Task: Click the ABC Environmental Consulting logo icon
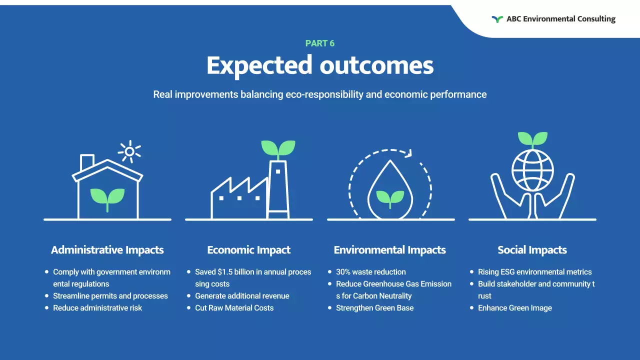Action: point(497,19)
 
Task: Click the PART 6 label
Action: point(320,43)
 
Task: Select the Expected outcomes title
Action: point(320,65)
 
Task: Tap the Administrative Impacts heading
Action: point(107,250)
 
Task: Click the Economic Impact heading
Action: point(249,250)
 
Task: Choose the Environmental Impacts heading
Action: point(390,250)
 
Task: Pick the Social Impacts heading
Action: point(532,250)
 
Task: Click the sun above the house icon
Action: point(129,151)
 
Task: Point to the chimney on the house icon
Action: point(87,162)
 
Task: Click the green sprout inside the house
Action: point(107,197)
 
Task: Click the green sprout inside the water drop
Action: point(390,197)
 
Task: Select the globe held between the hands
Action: point(532,168)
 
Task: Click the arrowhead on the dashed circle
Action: point(408,153)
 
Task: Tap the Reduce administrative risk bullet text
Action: point(97,308)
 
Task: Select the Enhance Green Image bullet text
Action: point(515,308)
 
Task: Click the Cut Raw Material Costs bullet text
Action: point(234,308)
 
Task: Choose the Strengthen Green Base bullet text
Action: point(374,308)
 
